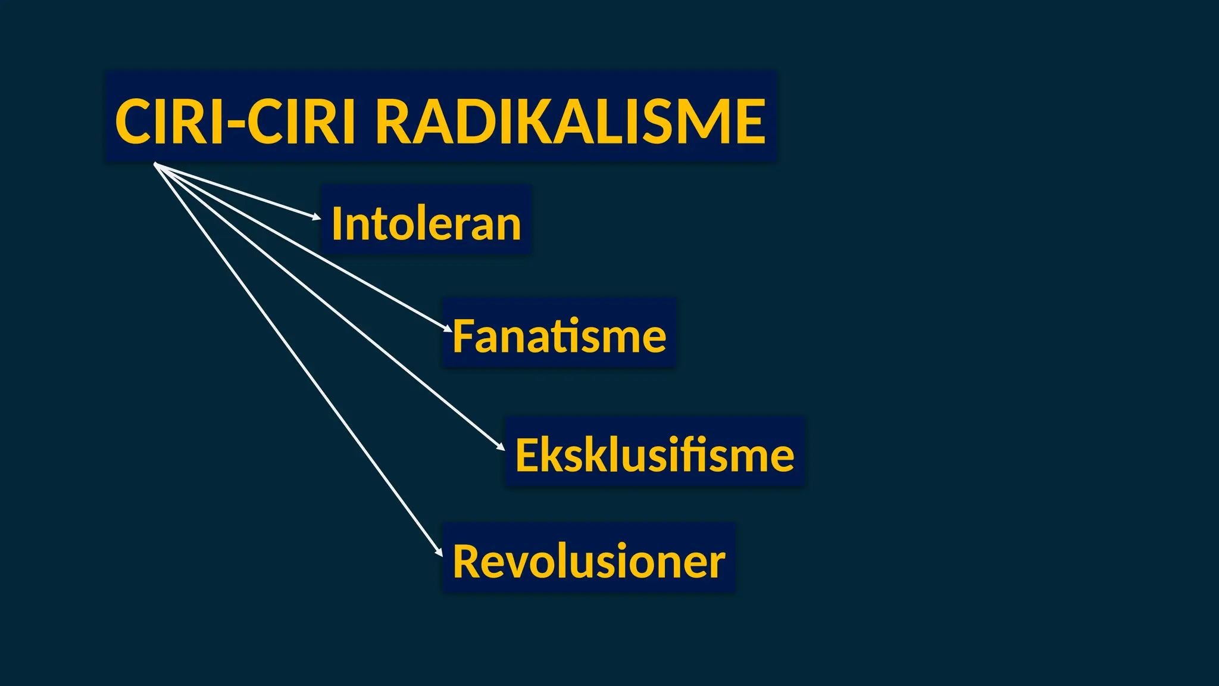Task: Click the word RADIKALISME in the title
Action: (570, 122)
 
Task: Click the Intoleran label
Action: (426, 223)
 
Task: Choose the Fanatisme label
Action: (559, 336)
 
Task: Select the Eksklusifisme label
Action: (654, 455)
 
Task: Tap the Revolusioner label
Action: (589, 561)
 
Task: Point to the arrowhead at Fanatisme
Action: (448, 329)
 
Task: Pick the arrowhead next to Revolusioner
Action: (439, 552)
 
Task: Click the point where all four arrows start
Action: (155, 164)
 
